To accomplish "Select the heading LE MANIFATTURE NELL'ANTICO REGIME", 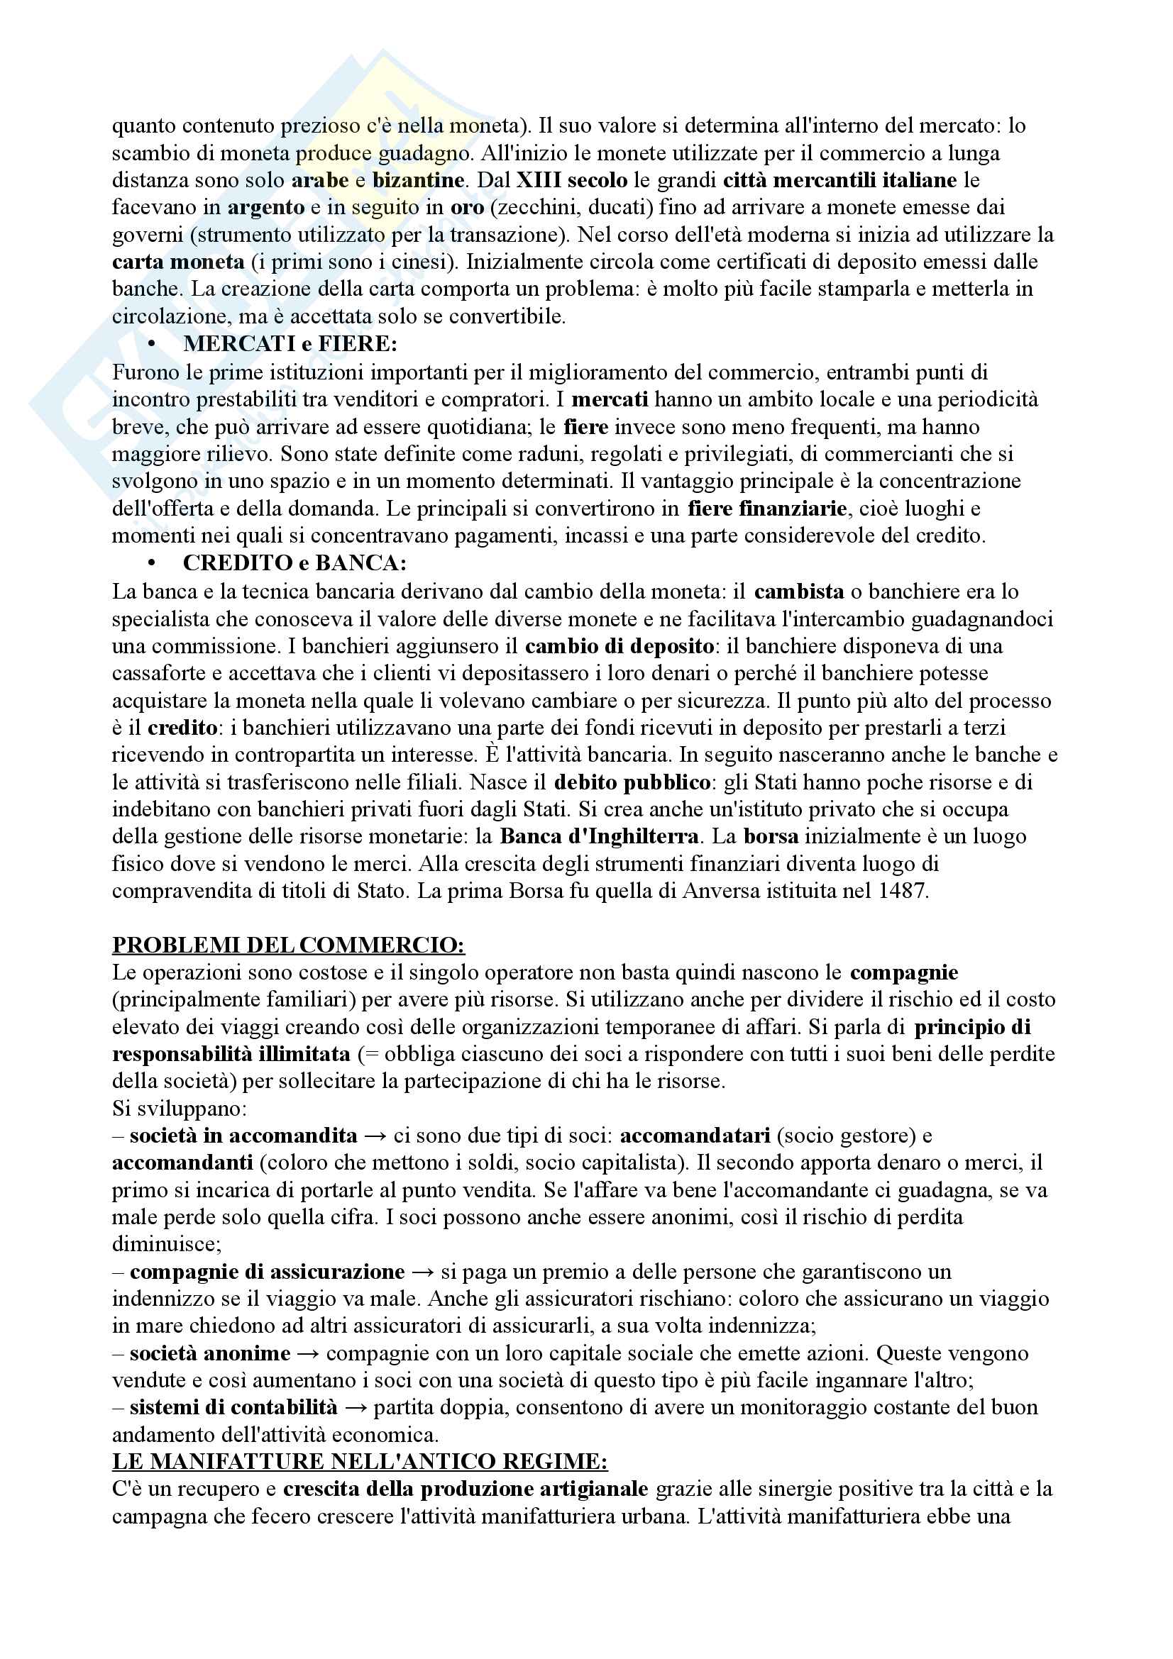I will [x=360, y=1461].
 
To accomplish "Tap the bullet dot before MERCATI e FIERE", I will [x=152, y=345].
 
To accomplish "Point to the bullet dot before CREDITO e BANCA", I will [x=152, y=563].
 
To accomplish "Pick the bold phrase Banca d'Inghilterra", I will [x=599, y=836].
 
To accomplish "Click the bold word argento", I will [x=266, y=207].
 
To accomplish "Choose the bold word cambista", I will [x=798, y=592].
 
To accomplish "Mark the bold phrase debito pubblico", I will [x=632, y=782].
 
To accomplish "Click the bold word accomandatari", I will [x=695, y=1136].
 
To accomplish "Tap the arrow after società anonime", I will [x=308, y=1353].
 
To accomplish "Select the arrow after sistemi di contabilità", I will [x=356, y=1407].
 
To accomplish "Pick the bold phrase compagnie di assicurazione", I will [x=268, y=1272].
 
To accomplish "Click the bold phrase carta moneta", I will [x=179, y=262].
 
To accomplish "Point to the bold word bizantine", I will [x=419, y=180].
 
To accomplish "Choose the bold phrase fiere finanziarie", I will [x=767, y=509].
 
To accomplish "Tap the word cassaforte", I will [x=166, y=673].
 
